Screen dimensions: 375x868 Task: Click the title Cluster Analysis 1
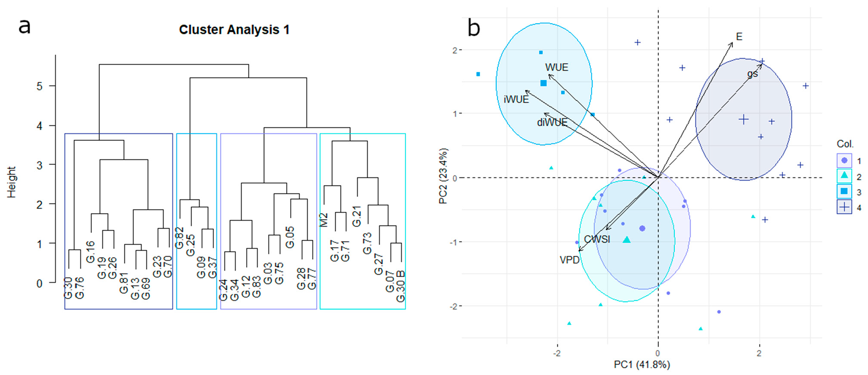pyautogui.click(x=234, y=30)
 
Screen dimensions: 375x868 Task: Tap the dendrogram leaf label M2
pyautogui.click(x=324, y=220)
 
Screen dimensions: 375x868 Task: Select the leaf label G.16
pyautogui.click(x=90, y=252)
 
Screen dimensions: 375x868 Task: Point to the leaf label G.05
pyautogui.click(x=290, y=237)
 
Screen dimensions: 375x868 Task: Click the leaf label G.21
pyautogui.click(x=357, y=216)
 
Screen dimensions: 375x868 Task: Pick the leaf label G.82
pyautogui.click(x=179, y=238)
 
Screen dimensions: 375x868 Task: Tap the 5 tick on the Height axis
pyautogui.click(x=40, y=86)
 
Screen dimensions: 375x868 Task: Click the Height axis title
pyautogui.click(x=12, y=182)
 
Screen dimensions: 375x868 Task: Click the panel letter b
pyautogui.click(x=474, y=28)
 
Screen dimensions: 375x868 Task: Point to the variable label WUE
pyautogui.click(x=556, y=68)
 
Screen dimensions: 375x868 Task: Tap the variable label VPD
pyautogui.click(x=569, y=260)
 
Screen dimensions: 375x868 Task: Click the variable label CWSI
pyautogui.click(x=597, y=239)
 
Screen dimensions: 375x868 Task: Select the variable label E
pyautogui.click(x=739, y=37)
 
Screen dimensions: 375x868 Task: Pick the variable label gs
pyautogui.click(x=752, y=74)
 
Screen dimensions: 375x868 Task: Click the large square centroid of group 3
pyautogui.click(x=544, y=83)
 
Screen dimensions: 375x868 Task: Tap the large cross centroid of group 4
pyautogui.click(x=744, y=120)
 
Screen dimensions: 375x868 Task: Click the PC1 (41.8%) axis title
pyautogui.click(x=642, y=365)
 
